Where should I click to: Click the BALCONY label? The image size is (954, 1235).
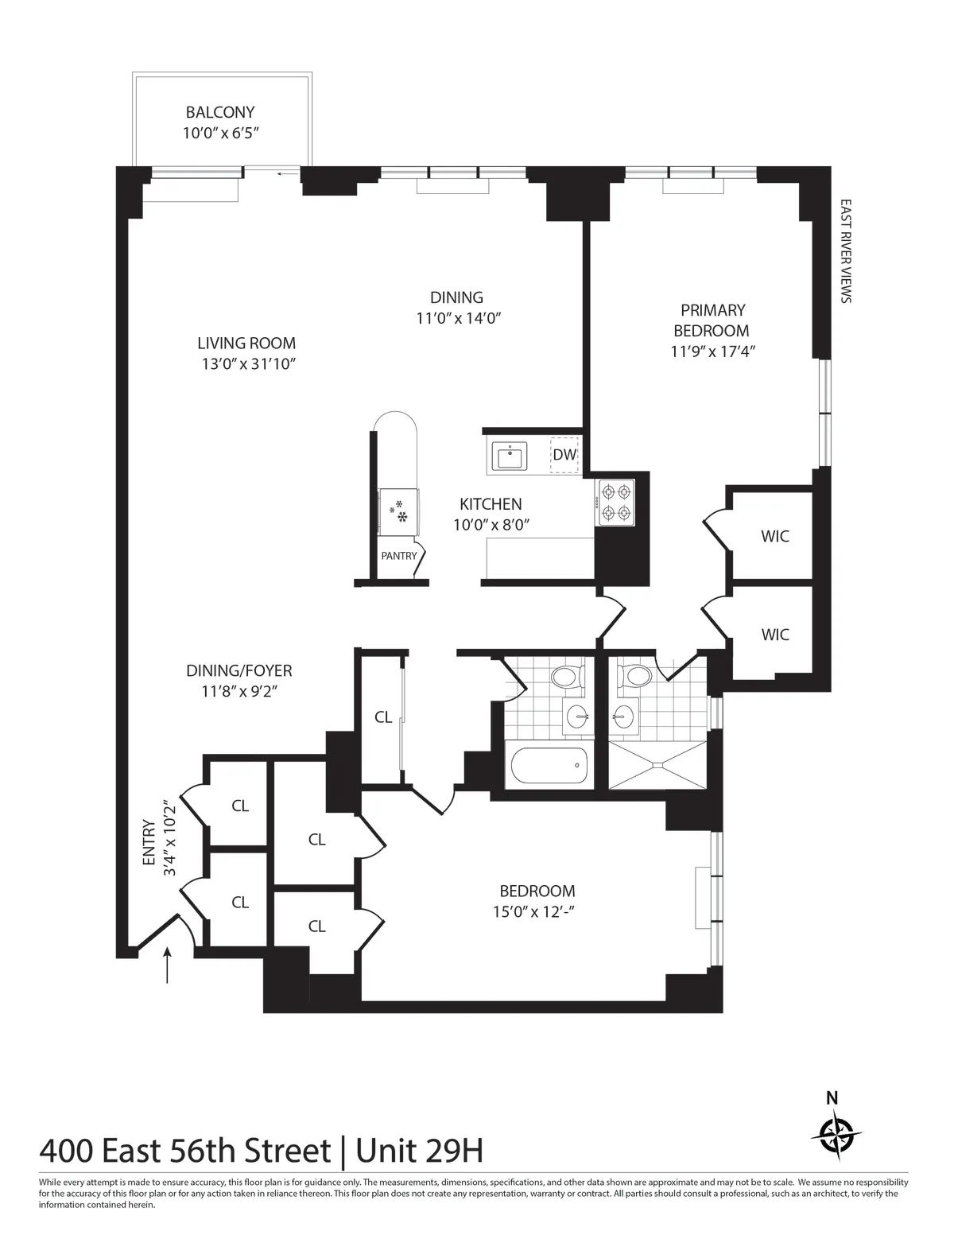pyautogui.click(x=220, y=113)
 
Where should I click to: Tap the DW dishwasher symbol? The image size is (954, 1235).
pyautogui.click(x=564, y=455)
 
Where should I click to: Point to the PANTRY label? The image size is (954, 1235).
pyautogui.click(x=398, y=556)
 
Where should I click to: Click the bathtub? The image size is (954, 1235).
pyautogui.click(x=549, y=766)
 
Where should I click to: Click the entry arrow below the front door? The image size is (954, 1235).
pyautogui.click(x=168, y=965)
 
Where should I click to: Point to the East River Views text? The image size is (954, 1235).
pyautogui.click(x=845, y=251)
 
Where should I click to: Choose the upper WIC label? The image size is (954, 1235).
pyautogui.click(x=775, y=536)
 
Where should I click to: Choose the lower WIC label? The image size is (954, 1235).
pyautogui.click(x=775, y=635)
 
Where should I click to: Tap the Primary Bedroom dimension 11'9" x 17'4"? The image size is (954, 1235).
pyautogui.click(x=712, y=351)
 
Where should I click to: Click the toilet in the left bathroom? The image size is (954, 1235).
pyautogui.click(x=566, y=678)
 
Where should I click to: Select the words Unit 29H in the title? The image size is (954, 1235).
pyautogui.click(x=419, y=1151)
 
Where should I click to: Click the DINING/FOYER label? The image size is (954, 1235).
pyautogui.click(x=239, y=671)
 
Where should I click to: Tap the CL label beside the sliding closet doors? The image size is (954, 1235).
pyautogui.click(x=383, y=717)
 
